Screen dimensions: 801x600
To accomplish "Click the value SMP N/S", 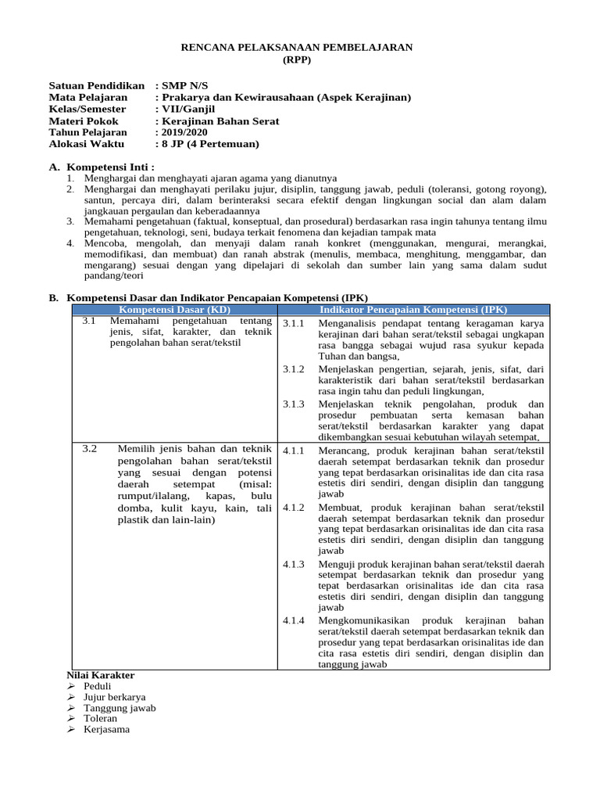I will click(185, 85).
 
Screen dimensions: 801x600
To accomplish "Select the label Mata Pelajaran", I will click(87, 97).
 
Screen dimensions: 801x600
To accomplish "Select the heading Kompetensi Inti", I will click(111, 167).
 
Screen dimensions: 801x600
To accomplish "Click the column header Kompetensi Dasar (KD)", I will click(175, 310).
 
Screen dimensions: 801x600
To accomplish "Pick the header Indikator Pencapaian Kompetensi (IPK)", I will click(413, 310).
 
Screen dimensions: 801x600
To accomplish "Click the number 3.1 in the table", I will click(89, 321).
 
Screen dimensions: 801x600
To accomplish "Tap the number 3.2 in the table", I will click(89, 448).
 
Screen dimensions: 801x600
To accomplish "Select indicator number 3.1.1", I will click(294, 323).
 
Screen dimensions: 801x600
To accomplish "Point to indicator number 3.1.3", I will click(294, 404).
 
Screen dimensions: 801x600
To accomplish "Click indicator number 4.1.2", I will click(294, 508).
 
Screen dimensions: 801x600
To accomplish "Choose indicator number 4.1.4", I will click(294, 620).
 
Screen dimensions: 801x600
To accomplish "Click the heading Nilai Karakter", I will click(101, 675).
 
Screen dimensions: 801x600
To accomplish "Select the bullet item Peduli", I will click(98, 686).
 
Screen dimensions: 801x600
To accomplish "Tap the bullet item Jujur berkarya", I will click(115, 697).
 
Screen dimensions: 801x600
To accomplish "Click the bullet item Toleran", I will click(101, 718).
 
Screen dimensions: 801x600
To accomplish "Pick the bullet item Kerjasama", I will click(107, 729).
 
